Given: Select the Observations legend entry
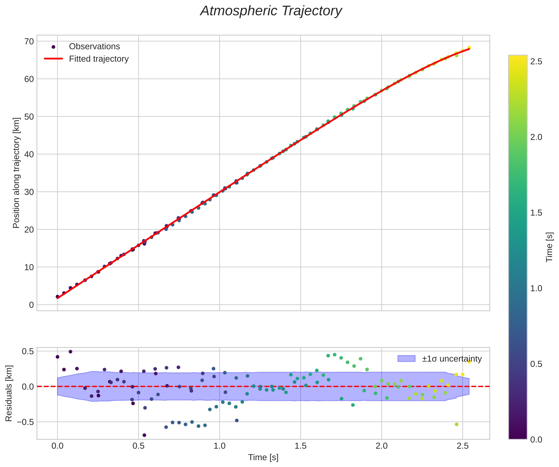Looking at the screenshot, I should tap(94, 47).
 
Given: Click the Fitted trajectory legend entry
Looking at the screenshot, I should tap(98, 59).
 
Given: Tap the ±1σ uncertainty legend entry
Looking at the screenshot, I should tap(452, 359).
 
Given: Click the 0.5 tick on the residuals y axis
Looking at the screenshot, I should tap(27, 351).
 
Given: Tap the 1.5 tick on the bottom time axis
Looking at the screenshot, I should tap(301, 446).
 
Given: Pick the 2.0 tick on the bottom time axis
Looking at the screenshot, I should tap(381, 446).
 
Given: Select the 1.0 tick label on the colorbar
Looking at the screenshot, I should tap(536, 288).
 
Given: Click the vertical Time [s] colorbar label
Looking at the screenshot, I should tap(549, 247).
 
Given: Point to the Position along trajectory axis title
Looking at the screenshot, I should tap(16, 173).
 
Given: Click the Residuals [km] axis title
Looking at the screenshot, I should tap(9, 394).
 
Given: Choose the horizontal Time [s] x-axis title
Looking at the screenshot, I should tap(263, 457).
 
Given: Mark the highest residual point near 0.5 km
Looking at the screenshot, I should tap(71, 352).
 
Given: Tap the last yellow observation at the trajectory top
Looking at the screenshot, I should tap(469, 48).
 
